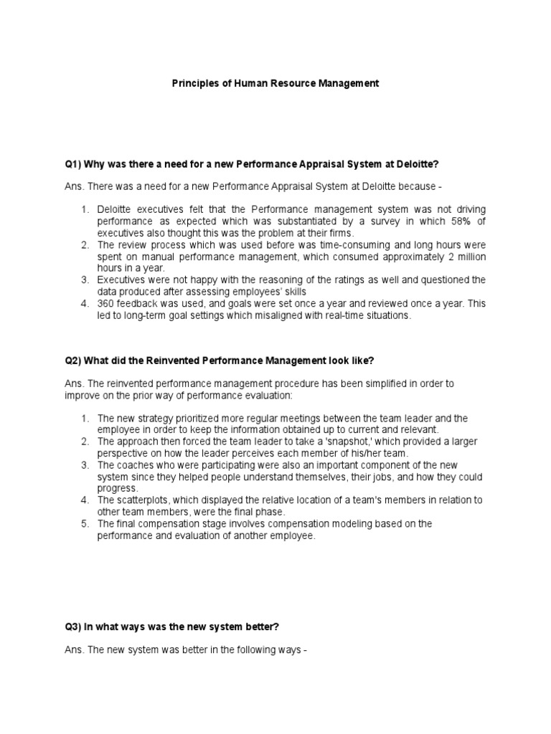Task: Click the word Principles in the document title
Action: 194,84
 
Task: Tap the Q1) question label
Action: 73,164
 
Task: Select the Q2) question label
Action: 73,360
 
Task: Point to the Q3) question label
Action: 73,626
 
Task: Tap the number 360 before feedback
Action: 106,304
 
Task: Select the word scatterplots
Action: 146,500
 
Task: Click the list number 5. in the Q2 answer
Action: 84,523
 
